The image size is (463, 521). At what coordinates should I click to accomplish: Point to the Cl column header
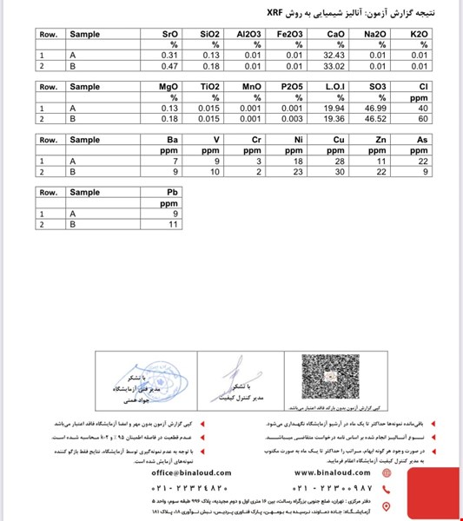(x=423, y=87)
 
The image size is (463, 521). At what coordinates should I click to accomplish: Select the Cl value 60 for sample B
(x=423, y=119)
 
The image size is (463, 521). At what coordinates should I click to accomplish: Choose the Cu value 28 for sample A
(x=339, y=162)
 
